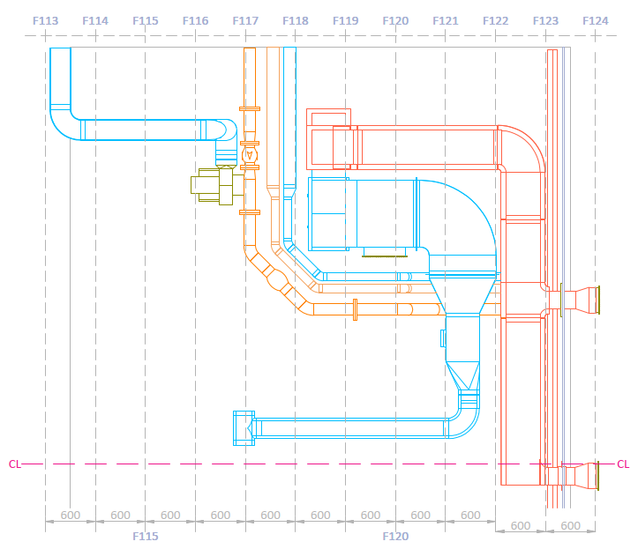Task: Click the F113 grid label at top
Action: [45, 20]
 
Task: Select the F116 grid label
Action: [195, 20]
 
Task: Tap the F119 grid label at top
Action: [346, 20]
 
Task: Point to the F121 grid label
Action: [446, 20]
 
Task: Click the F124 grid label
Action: [596, 20]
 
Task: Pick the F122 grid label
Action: [496, 20]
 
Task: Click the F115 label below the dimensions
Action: [146, 536]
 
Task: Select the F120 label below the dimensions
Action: [395, 536]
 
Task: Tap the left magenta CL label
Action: [15, 464]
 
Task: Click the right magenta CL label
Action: [623, 464]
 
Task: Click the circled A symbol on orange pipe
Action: [249, 155]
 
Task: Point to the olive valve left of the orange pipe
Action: [212, 185]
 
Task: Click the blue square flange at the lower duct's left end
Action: [244, 427]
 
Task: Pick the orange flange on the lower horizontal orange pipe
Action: [354, 309]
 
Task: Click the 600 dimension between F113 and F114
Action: [71, 516]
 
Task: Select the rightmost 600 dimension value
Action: [571, 525]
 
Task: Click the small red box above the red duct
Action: [328, 117]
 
